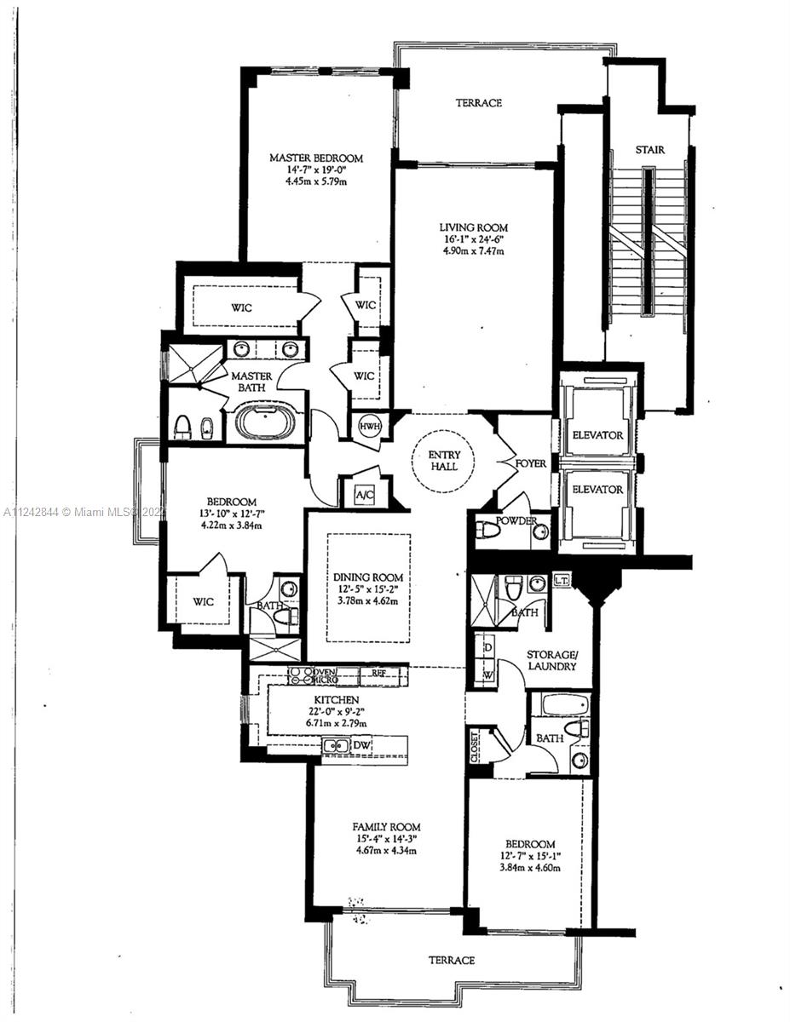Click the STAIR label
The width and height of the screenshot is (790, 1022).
649,150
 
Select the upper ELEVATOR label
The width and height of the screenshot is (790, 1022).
597,435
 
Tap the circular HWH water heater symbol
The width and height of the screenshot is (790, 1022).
369,426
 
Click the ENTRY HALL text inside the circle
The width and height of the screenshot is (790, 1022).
443,460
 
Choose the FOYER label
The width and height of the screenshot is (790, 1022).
530,463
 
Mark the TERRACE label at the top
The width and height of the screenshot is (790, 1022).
478,103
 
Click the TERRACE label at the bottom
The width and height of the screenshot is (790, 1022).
451,960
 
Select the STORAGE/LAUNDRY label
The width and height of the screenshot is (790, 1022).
551,660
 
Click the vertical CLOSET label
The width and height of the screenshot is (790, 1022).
475,747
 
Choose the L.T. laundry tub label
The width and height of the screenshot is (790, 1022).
562,580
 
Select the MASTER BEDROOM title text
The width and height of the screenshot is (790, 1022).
316,158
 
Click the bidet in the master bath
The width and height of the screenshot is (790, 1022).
205,426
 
